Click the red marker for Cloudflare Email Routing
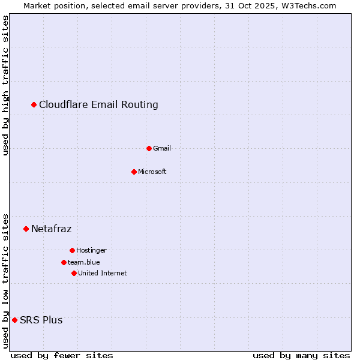(34, 105)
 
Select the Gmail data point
(149, 148)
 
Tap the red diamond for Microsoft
(134, 172)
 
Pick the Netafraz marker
(26, 229)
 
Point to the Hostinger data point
(72, 250)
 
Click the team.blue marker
(64, 262)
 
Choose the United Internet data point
(74, 273)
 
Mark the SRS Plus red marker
(14, 320)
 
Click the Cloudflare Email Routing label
(98, 105)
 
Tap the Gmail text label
(162, 148)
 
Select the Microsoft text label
(152, 172)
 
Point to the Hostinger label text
(91, 250)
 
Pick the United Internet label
(103, 273)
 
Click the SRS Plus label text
(41, 320)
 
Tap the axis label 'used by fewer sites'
(62, 355)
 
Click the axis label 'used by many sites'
(301, 355)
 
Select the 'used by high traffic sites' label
(6, 86)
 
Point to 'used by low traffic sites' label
(6, 281)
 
